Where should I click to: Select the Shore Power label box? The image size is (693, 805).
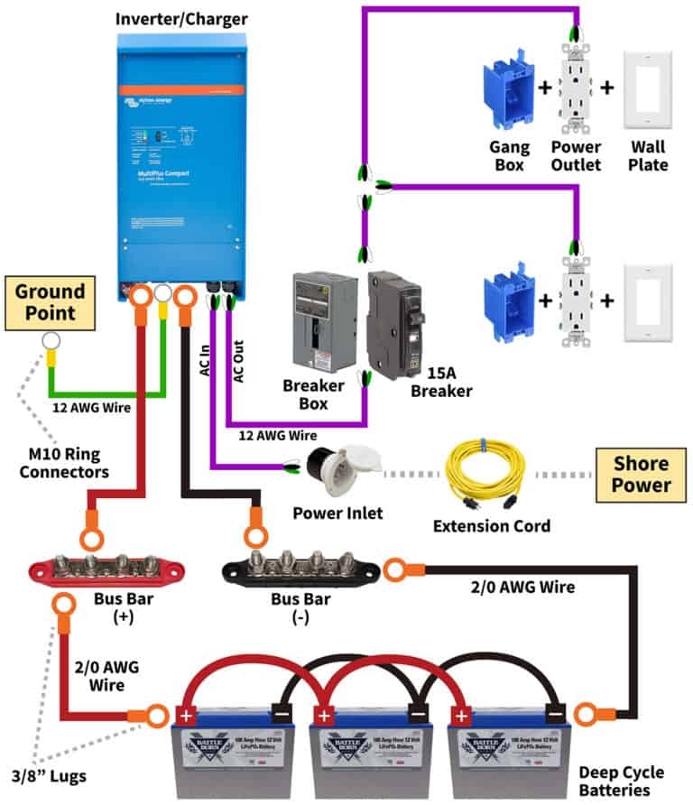(x=642, y=476)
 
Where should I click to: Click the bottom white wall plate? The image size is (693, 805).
(x=648, y=302)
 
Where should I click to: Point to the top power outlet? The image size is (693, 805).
(x=574, y=90)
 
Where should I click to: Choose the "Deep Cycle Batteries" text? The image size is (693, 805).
(x=622, y=782)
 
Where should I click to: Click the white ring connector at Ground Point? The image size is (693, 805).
(x=51, y=341)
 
